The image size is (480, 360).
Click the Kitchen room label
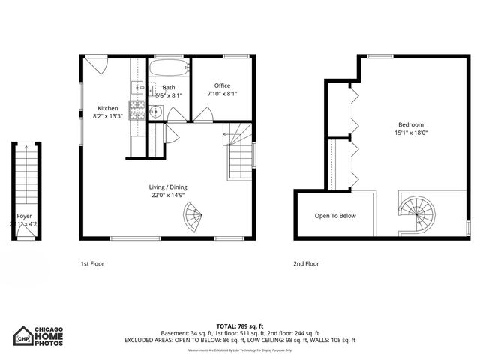[107, 108]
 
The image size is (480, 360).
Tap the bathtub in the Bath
[169, 69]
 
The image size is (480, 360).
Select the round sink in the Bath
[155, 113]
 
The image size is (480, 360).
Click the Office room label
[222, 85]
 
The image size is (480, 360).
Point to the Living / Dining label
[167, 187]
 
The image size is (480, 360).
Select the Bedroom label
[411, 124]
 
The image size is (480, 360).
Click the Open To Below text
[335, 216]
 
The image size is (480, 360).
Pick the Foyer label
[25, 215]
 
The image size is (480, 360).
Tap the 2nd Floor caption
[306, 264]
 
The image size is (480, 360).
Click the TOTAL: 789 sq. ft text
[239, 326]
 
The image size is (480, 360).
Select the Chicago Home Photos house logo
[25, 335]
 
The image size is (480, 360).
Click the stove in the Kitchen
[138, 110]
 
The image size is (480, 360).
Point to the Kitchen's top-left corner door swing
[97, 64]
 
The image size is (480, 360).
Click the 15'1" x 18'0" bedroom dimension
[411, 133]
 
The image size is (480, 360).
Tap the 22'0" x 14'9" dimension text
[167, 196]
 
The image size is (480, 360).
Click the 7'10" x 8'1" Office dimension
[222, 94]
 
